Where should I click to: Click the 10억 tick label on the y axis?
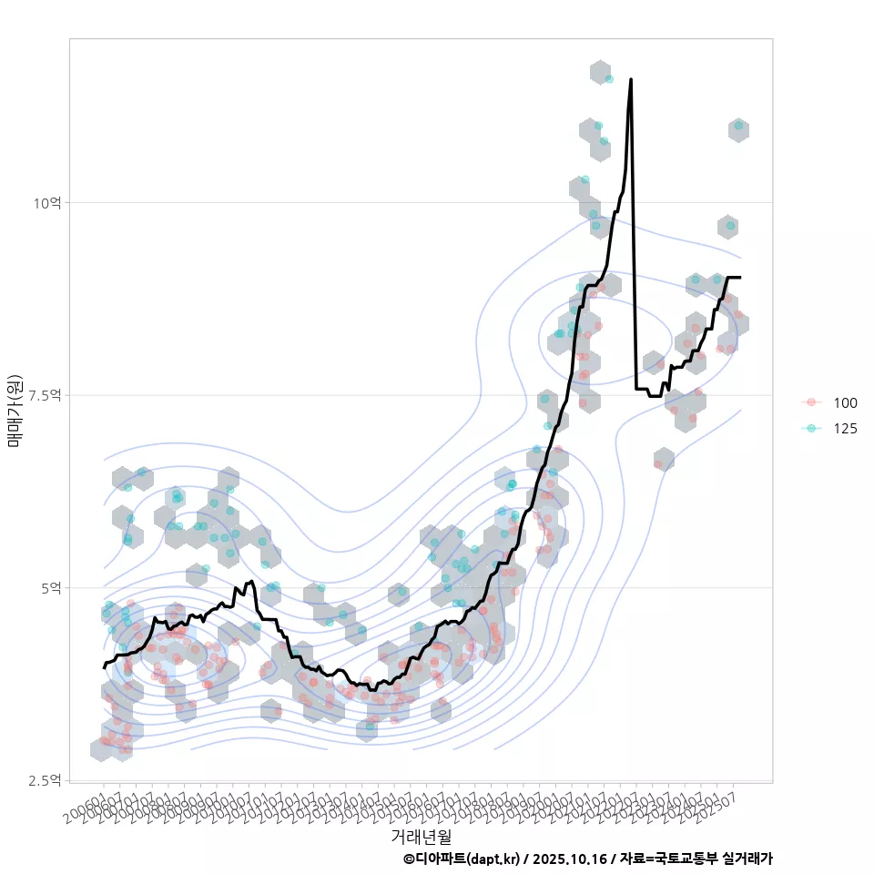47,202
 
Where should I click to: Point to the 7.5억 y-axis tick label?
46,395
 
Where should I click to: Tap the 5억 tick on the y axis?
51,588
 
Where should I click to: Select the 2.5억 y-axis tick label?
46,780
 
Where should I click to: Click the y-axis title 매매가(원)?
15,410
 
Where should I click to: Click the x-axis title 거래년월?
422,835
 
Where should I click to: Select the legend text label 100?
845,402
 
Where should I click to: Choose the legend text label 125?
845,429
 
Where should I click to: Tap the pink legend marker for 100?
810,402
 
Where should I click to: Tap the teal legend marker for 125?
810,429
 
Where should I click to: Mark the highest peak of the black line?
631,79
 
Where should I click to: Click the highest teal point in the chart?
609,79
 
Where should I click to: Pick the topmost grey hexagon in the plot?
599,72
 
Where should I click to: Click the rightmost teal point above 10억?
738,126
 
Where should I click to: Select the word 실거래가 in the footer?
747,859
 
